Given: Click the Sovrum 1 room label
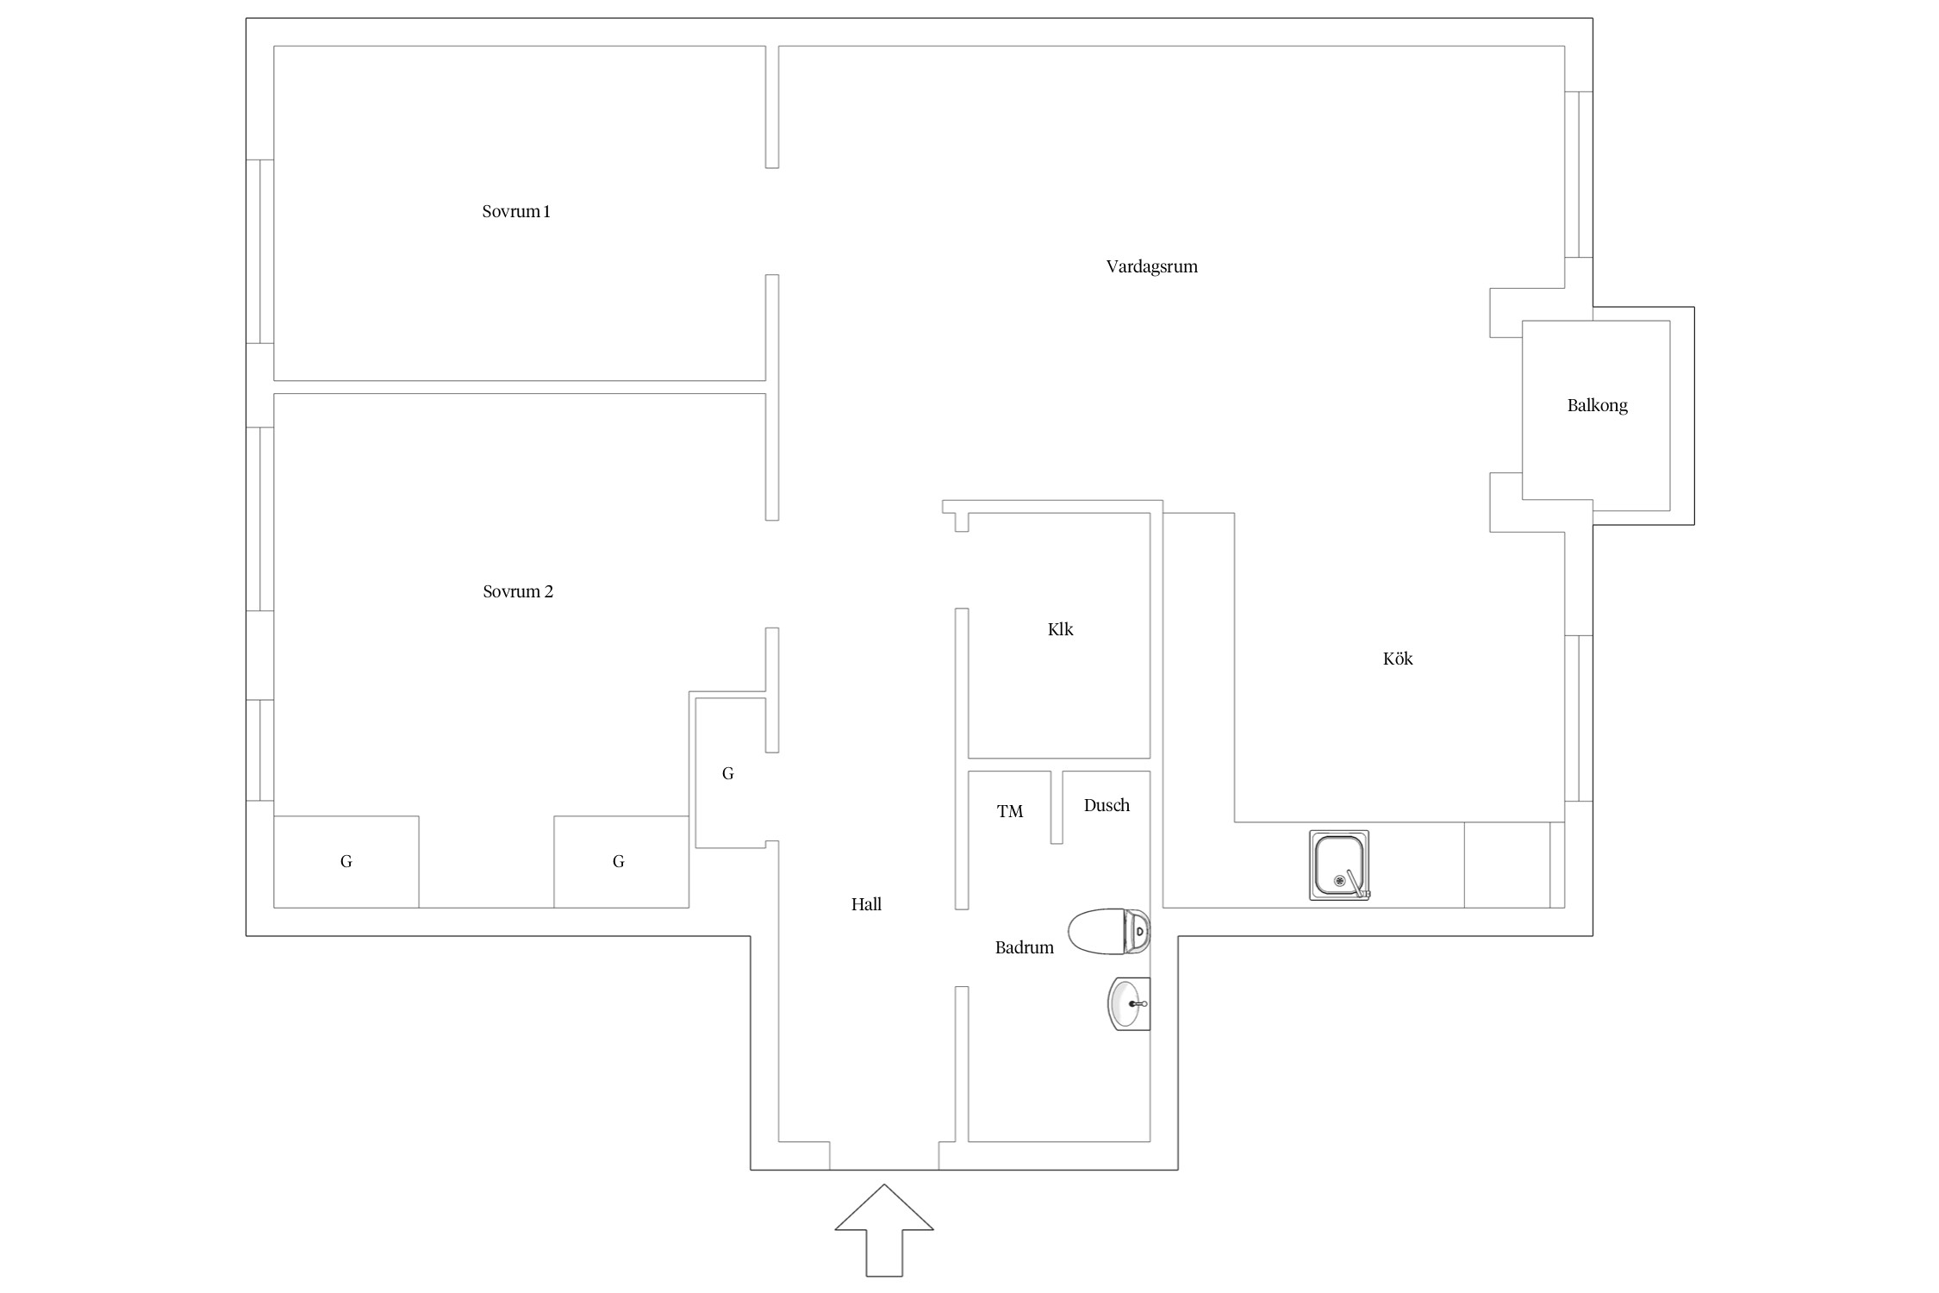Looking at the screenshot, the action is tap(516, 211).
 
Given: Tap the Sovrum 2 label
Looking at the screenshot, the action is tap(518, 591).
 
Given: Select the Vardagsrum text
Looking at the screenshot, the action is tap(1152, 267).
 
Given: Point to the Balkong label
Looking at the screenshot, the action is tap(1597, 406).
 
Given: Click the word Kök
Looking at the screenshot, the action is tap(1398, 659).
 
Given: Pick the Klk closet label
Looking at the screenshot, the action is tap(1060, 629).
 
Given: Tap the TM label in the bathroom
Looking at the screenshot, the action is tap(1010, 811).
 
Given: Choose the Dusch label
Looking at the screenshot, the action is tap(1107, 805).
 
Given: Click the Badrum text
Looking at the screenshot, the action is tap(1025, 948).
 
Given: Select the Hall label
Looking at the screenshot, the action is tap(866, 904).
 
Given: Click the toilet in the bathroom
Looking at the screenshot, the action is tap(1109, 932).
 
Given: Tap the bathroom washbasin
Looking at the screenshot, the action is tap(1129, 1004).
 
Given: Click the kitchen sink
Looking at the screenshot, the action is tap(1339, 865).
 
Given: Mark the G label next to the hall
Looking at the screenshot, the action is tap(728, 774).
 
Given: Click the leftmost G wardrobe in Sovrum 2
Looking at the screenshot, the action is tap(346, 862).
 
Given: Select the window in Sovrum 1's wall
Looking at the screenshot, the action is tap(260, 252).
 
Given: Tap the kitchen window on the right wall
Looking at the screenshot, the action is tap(1578, 719).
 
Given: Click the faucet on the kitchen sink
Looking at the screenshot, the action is tap(1356, 884).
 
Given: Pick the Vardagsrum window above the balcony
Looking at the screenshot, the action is tap(1578, 174).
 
